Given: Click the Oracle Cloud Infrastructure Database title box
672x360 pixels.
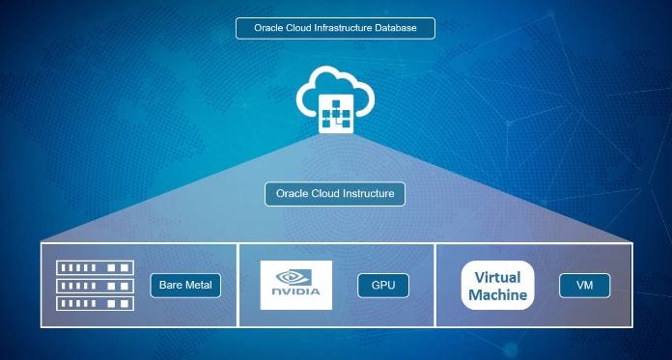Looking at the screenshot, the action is [335, 28].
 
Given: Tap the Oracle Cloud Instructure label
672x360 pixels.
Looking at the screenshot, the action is [335, 194].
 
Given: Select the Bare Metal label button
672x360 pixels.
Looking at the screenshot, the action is [186, 286].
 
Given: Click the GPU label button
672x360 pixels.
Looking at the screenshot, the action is [383, 286].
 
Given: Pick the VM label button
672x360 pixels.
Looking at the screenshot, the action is [584, 286].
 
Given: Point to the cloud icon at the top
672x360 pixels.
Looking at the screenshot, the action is [334, 97].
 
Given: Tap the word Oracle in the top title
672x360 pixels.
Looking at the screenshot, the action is [268, 28].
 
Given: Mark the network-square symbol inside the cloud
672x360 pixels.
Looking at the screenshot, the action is [334, 115].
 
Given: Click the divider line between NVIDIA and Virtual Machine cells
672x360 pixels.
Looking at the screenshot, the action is [436, 286].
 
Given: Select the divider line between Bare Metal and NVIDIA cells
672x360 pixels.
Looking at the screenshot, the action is [238, 286].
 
